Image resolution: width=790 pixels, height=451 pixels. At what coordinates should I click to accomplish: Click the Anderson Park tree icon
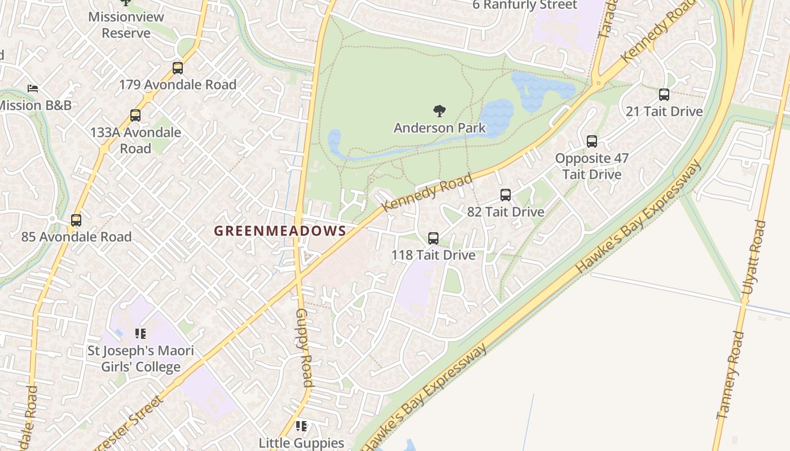[x=439, y=111]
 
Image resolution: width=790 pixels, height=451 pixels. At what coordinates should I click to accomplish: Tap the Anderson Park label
[x=439, y=128]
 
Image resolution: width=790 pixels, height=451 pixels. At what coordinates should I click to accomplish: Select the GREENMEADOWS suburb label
[x=280, y=231]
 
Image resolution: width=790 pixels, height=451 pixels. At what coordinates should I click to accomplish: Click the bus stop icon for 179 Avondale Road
[x=178, y=68]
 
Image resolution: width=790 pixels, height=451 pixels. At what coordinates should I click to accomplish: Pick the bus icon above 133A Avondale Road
[x=135, y=116]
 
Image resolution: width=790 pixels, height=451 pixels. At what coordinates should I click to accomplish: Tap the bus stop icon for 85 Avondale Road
[x=76, y=220]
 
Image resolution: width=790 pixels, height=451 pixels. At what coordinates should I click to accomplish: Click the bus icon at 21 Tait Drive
[x=664, y=95]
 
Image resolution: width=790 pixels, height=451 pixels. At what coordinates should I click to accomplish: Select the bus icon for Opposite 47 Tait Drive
[x=591, y=142]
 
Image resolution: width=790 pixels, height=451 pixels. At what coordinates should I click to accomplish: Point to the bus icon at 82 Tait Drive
[x=506, y=195]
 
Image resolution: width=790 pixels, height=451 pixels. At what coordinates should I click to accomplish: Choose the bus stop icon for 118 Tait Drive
[x=433, y=238]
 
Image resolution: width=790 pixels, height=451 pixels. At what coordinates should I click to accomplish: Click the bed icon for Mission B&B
[x=33, y=89]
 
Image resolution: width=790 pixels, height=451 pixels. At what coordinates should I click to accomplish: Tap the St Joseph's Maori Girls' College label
[x=141, y=359]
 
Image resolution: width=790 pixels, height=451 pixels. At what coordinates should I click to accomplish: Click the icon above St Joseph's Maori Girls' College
[x=141, y=334]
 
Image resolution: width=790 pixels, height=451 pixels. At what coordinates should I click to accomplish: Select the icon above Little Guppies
[x=301, y=426]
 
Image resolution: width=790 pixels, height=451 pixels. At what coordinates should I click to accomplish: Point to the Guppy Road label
[x=304, y=347]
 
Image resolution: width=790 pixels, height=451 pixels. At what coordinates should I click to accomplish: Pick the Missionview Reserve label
[x=126, y=25]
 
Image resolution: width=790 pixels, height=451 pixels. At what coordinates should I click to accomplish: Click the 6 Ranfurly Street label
[x=525, y=6]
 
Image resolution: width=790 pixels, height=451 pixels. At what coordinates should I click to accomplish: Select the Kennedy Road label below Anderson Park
[x=427, y=193]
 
